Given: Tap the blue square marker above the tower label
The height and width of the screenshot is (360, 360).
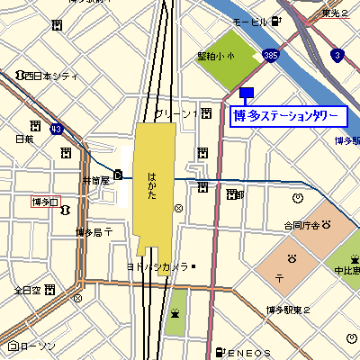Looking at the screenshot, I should pyautogui.click(x=247, y=93).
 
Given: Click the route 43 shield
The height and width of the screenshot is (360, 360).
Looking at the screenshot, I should pyautogui.click(x=56, y=129).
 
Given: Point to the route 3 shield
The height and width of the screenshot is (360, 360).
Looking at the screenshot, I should pyautogui.click(x=336, y=56).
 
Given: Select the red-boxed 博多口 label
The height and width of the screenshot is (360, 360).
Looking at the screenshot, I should pyautogui.click(x=45, y=202).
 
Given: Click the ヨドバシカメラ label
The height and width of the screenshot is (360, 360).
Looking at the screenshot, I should pyautogui.click(x=157, y=266).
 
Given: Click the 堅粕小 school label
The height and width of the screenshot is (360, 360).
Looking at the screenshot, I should pyautogui.click(x=215, y=56).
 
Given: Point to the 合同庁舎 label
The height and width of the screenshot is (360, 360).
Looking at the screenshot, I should pyautogui.click(x=301, y=225).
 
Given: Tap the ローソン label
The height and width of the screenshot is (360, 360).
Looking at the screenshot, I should pyautogui.click(x=37, y=346).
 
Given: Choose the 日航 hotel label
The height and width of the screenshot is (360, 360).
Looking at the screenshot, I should pyautogui.click(x=24, y=139).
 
